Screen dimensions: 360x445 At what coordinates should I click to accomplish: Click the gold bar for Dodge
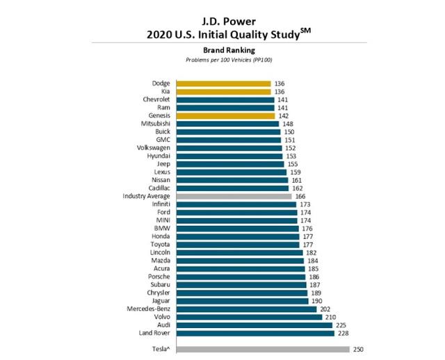[222, 83]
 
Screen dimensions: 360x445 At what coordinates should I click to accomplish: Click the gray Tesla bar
[264, 349]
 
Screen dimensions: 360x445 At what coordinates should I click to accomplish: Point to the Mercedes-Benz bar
[247, 309]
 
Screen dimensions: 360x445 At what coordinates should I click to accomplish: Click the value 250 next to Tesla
[358, 349]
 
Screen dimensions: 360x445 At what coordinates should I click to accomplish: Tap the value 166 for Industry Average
[301, 197]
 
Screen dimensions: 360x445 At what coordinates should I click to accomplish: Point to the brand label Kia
[165, 92]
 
